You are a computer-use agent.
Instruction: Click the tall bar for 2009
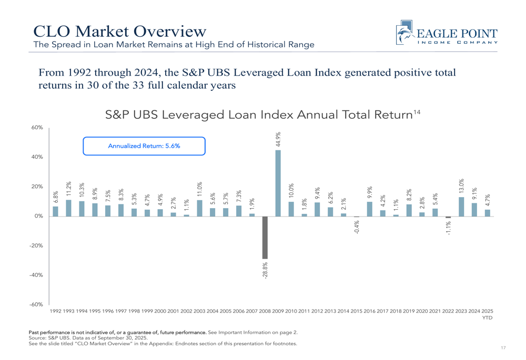pos(278,183)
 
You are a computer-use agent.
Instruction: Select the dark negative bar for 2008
pos(265,237)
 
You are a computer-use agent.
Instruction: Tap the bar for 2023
pos(461,207)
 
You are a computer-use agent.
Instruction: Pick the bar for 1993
pos(68,208)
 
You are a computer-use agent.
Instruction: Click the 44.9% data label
pos(278,140)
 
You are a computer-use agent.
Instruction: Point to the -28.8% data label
pos(265,270)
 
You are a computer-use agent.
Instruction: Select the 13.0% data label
pos(461,187)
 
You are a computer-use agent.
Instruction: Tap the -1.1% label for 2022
pos(449,228)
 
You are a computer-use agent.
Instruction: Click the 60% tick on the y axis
pos(37,128)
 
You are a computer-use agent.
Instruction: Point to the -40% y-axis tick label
pos(36,275)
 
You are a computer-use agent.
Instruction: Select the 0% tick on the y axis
pos(38,216)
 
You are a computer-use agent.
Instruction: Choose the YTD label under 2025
pos(487,318)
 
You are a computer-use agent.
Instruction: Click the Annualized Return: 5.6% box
pos(144,146)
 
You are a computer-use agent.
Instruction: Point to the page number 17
pos(503,348)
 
